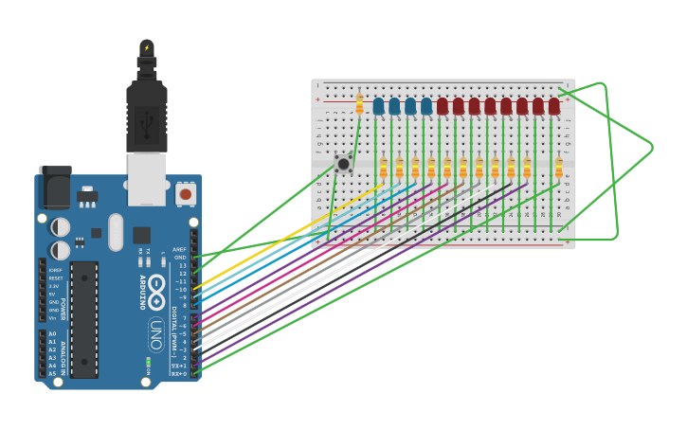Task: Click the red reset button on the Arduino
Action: point(186,193)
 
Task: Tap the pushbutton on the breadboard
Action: point(344,165)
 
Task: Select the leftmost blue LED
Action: point(378,106)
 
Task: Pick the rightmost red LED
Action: point(554,106)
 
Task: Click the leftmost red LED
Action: point(443,106)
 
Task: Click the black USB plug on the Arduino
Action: point(147,114)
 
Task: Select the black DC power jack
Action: point(55,188)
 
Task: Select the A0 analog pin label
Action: point(51,334)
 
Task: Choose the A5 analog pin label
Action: point(51,373)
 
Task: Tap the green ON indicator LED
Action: point(148,361)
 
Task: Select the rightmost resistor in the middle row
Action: point(559,168)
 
